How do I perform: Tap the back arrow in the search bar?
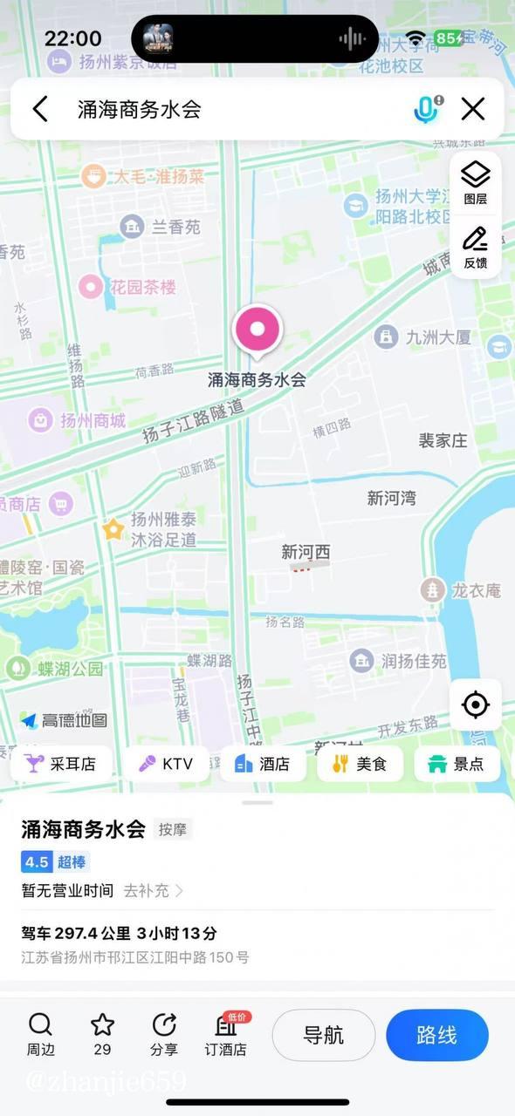40,109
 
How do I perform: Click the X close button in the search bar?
473,109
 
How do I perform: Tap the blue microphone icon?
426,109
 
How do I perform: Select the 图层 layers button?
476,183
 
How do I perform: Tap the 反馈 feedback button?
476,248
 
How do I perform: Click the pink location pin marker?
257,330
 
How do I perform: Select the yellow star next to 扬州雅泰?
113,529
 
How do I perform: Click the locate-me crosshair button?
476,704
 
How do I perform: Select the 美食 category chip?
360,764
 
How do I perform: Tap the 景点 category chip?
457,764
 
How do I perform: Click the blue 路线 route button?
437,1036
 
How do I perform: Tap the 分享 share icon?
163,1034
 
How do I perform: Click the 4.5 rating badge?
37,862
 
